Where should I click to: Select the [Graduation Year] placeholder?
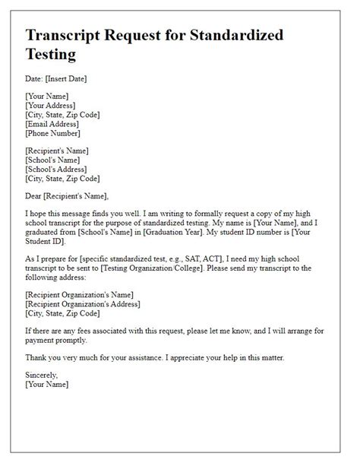(189, 233)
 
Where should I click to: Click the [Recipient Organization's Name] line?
(79, 295)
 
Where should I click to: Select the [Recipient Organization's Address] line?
(82, 304)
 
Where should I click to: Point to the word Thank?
(36, 357)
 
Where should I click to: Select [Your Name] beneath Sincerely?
(47, 384)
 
